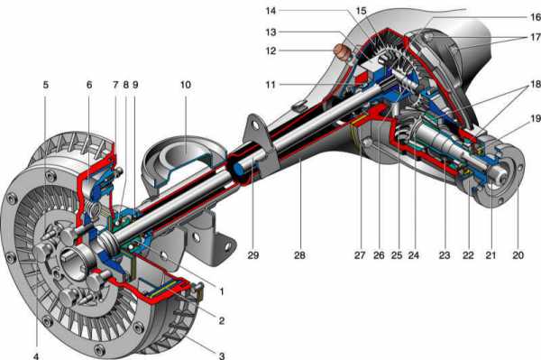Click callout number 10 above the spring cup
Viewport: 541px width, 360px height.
point(185,85)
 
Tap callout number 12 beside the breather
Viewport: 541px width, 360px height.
point(271,51)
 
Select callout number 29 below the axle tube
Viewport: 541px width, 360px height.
point(253,255)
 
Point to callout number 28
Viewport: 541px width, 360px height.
point(300,255)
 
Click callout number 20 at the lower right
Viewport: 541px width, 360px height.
point(518,255)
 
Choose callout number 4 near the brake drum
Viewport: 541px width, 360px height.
point(36,355)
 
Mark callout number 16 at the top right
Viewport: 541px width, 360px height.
point(535,17)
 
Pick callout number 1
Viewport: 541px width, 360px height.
point(222,291)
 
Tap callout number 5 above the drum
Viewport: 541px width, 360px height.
point(46,85)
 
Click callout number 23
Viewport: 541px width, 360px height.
point(445,255)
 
